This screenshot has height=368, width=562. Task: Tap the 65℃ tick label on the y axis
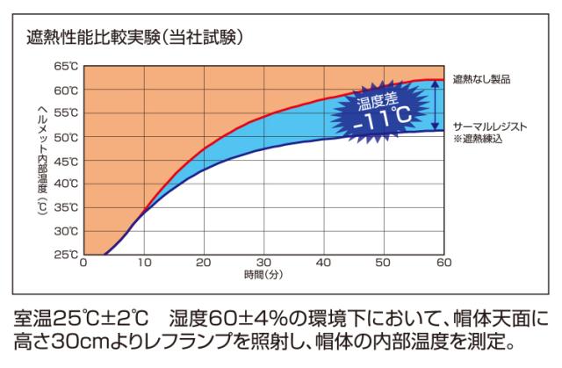67,67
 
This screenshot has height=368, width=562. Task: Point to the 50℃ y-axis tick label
67,138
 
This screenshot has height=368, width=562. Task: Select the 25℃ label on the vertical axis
67,255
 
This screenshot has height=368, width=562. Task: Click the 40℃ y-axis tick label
67,184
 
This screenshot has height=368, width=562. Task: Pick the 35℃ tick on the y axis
67,208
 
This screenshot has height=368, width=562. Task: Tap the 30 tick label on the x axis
263,262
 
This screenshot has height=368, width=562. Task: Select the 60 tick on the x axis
443,262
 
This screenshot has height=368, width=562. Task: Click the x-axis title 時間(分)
263,274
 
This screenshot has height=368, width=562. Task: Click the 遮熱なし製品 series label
481,79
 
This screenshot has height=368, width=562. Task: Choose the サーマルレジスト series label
489,126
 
